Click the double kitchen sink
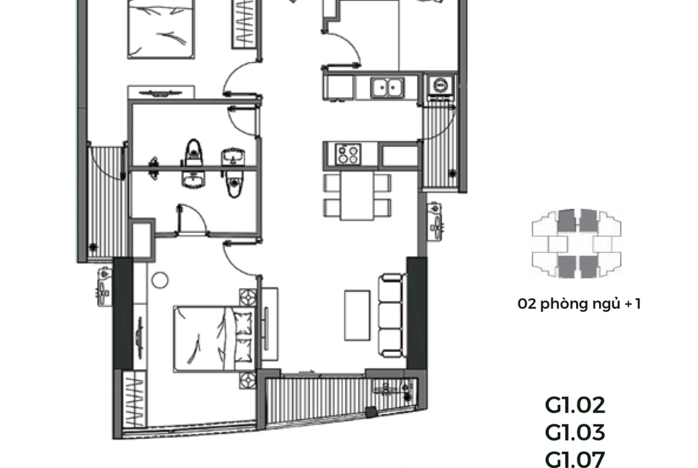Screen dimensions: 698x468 pos(387,88)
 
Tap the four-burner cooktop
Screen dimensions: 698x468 pos(348,154)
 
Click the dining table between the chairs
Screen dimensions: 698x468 pos(357,196)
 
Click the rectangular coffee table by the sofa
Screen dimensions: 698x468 pos(357,315)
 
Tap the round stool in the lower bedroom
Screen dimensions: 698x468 pos(160,280)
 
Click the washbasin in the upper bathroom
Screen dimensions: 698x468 pos(233,157)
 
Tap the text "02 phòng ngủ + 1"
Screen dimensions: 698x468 pos(579,304)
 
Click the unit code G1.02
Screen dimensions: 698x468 pos(575,405)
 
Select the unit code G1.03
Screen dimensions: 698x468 pos(575,432)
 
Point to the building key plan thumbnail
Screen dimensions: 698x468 pos(576,243)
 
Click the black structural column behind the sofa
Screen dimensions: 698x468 pos(416,313)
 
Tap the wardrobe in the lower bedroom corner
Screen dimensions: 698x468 pos(134,399)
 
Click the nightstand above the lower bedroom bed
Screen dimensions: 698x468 pos(248,297)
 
